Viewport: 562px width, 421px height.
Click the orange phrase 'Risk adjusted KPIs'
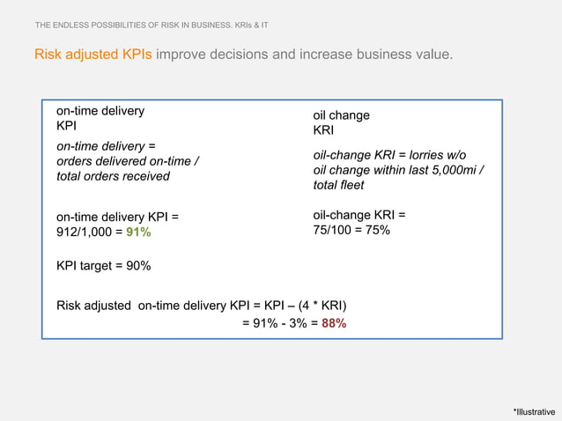92,55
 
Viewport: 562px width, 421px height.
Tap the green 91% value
138,233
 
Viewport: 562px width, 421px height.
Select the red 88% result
334,323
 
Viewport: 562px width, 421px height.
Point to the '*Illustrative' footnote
534,411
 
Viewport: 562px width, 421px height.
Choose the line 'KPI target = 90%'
103,266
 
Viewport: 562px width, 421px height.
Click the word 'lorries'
433,154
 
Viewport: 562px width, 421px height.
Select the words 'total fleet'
338,186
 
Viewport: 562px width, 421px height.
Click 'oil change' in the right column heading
342,115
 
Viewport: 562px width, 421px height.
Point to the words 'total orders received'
113,176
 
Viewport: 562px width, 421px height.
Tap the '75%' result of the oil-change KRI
377,230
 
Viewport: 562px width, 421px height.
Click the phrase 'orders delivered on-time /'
128,161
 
